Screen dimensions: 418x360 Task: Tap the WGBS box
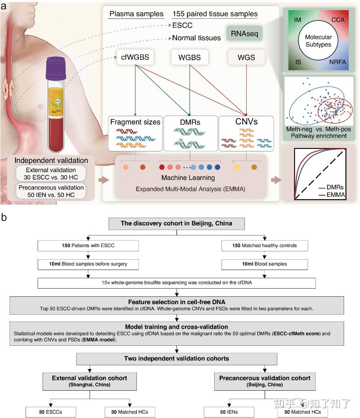coord(189,58)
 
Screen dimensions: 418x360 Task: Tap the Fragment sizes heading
coord(135,122)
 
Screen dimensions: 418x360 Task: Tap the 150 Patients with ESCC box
coord(88,245)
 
